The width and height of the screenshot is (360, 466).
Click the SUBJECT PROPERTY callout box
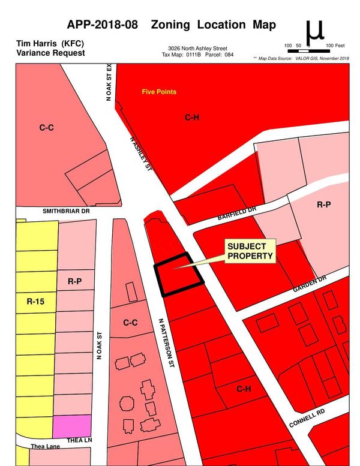250,251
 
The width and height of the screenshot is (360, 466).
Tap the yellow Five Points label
159,92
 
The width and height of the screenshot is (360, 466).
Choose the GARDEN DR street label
310,284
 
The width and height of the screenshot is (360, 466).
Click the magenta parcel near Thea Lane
72,426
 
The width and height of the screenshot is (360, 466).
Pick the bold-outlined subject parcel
178,275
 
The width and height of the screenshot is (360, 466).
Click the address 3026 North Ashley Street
197,48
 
